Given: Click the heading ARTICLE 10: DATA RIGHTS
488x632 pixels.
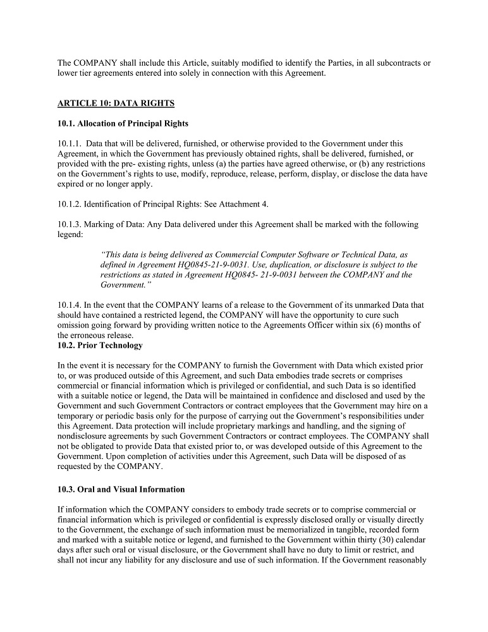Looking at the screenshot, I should [x=116, y=103].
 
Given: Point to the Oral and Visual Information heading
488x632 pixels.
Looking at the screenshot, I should [x=121, y=489].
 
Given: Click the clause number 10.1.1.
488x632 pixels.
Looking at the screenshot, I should [x=69, y=144].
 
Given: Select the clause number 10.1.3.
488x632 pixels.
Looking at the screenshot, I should [x=69, y=224].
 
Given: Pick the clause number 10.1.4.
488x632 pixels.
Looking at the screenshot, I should [x=69, y=305].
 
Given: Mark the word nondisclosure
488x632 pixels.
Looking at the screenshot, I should [x=83, y=436].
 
